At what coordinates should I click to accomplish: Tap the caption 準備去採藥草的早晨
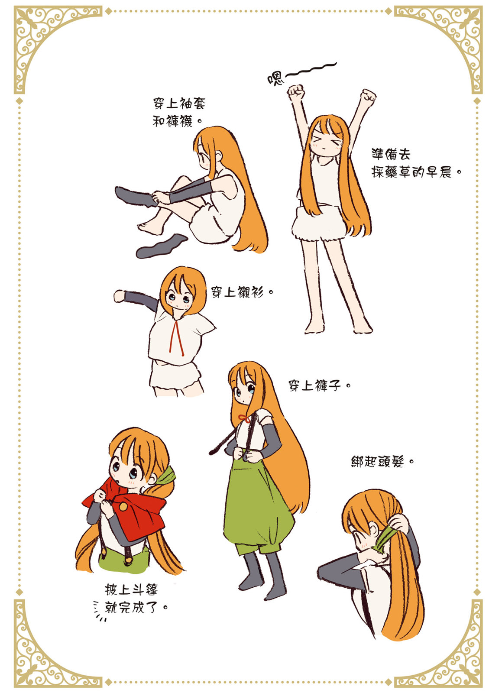click(415, 163)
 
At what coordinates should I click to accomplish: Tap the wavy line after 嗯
click(310, 70)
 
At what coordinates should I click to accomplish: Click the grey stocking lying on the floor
click(161, 246)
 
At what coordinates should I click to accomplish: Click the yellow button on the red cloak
click(123, 506)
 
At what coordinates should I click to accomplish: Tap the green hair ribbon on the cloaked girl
click(165, 476)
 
